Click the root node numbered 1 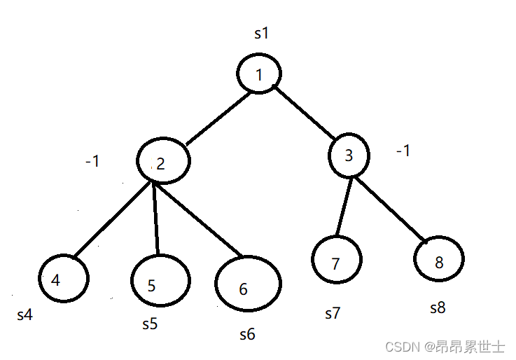[259, 74]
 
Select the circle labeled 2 [162, 163]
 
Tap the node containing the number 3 [349, 155]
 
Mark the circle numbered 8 [438, 260]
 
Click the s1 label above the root [261, 33]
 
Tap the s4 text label [25, 315]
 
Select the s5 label [150, 324]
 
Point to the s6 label [247, 335]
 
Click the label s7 [333, 313]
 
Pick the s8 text [438, 307]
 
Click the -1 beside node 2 [92, 162]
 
